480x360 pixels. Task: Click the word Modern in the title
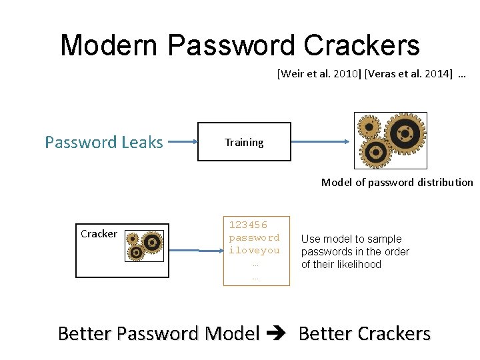[x=109, y=45]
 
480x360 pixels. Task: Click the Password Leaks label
[x=103, y=142]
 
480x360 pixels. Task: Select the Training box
[x=244, y=142]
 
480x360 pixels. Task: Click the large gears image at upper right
[x=389, y=141]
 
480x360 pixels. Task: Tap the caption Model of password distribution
[x=397, y=183]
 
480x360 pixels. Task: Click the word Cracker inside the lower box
[x=99, y=234]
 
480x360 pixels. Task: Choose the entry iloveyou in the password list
[x=254, y=250]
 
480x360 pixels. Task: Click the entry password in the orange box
[x=254, y=238]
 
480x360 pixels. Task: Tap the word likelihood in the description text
[x=360, y=264]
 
